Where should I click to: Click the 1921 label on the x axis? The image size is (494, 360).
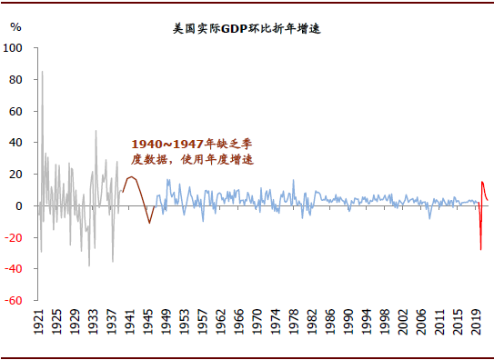tap(39, 324)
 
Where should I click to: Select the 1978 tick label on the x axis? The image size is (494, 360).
tap(294, 324)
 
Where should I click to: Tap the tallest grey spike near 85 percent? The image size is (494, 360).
tap(42, 72)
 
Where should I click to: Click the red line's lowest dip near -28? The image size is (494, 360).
tap(480, 249)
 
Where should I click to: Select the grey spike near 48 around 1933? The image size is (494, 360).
tap(96, 131)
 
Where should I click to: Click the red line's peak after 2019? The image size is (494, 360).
tap(483, 183)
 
